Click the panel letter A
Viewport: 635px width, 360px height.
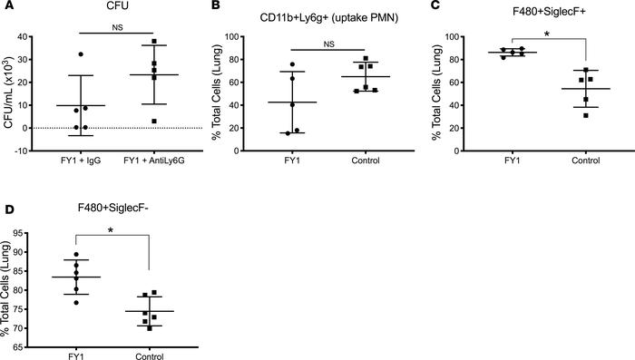coord(6,7)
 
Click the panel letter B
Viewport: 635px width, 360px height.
coord(226,7)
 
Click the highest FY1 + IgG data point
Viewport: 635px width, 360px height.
coord(81,55)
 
